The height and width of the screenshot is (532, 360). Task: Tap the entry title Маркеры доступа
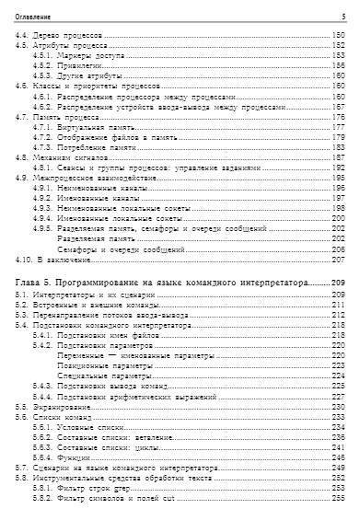click(x=83, y=55)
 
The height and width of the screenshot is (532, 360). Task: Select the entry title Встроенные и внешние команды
click(x=87, y=305)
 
